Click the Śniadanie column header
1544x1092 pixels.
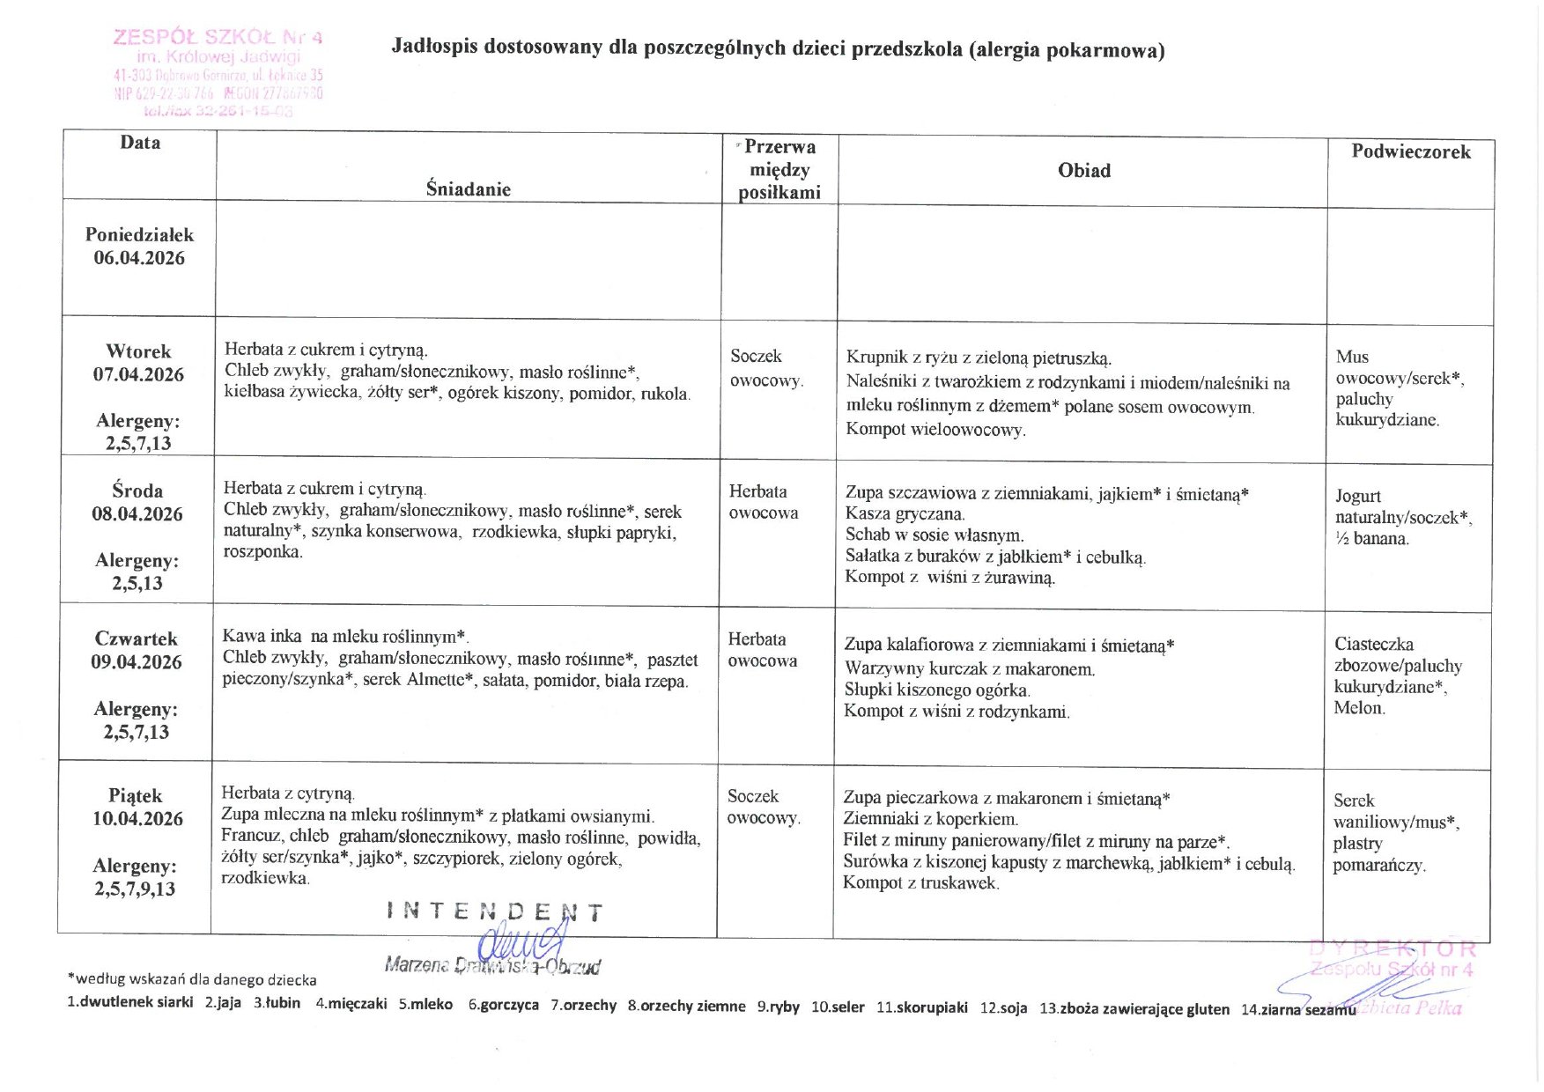pos(468,188)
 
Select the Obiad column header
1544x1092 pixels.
pos(1083,171)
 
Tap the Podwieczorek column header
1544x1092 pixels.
pos(1410,151)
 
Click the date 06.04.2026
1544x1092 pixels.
pos(139,258)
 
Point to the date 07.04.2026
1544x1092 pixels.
pos(138,374)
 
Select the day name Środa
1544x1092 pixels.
pos(137,491)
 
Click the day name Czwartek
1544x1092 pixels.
pos(137,638)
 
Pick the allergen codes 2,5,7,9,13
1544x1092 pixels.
pos(135,889)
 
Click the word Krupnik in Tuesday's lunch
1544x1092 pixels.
pos(876,358)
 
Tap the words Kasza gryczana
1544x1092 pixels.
pos(905,513)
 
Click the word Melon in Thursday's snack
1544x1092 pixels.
pos(1359,707)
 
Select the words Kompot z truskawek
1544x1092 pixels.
pos(920,882)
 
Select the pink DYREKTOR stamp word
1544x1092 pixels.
pos(1392,948)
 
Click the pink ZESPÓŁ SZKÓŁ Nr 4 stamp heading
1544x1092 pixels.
pos(218,37)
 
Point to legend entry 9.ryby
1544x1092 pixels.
pos(778,1006)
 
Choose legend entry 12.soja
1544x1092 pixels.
pos(1003,1007)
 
